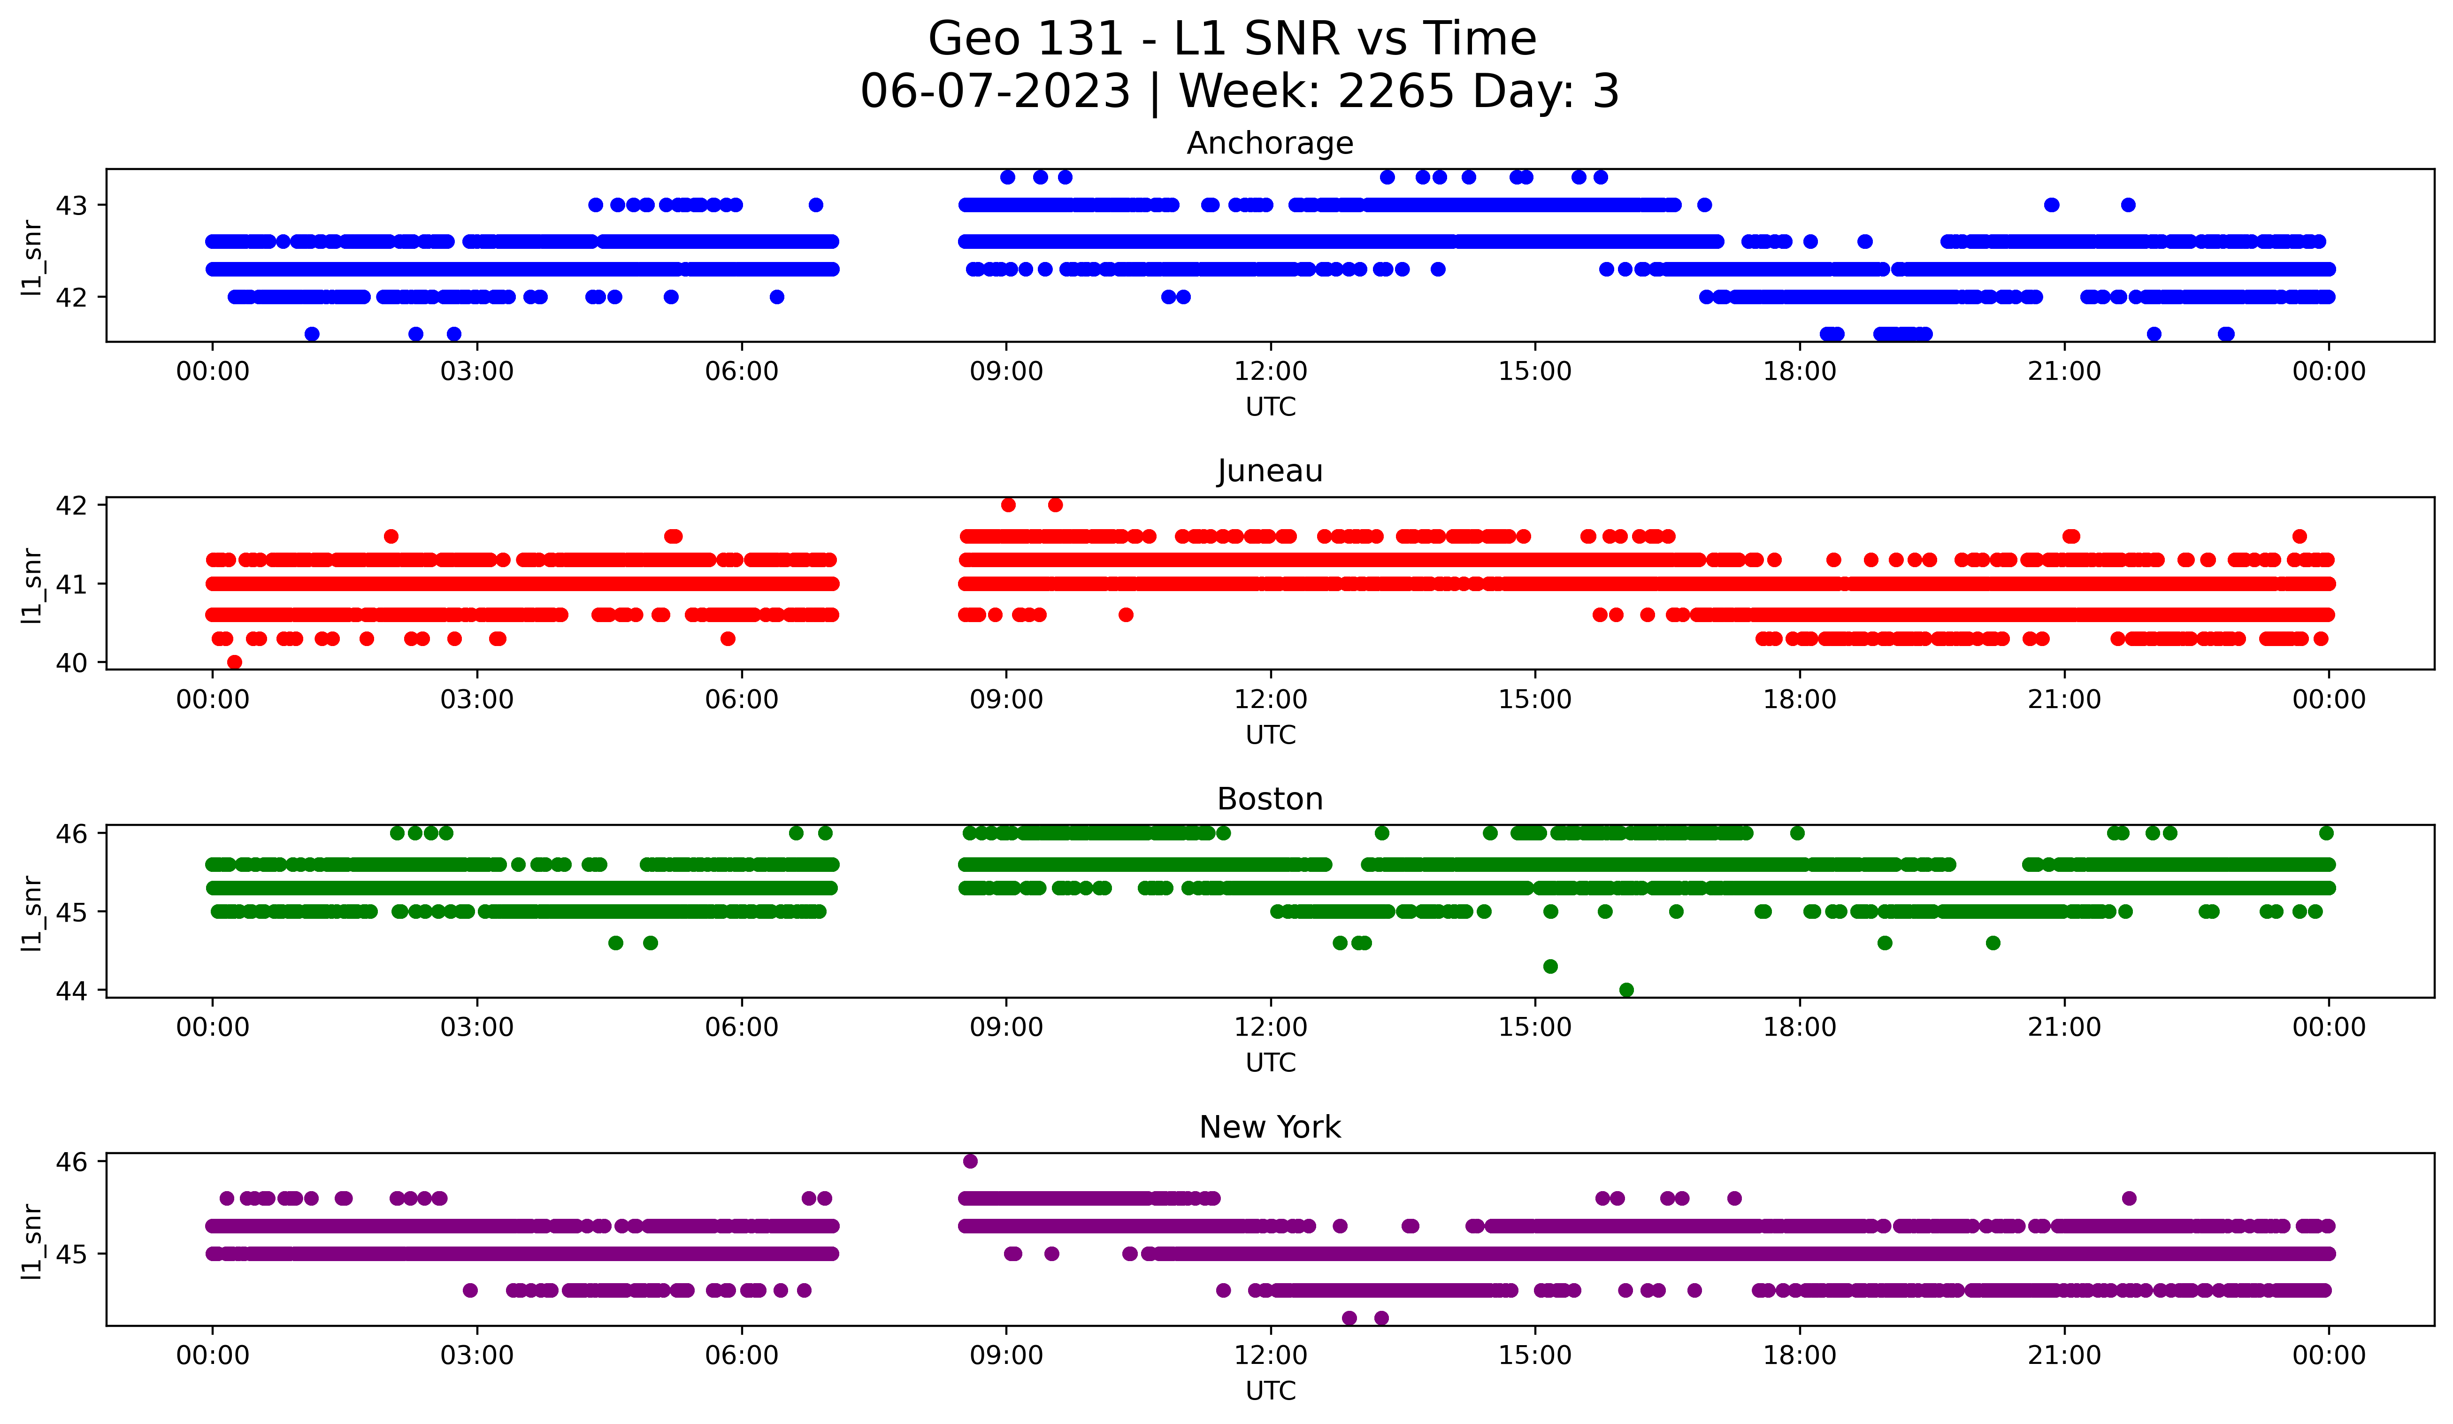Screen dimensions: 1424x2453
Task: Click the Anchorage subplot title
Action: [x=1269, y=143]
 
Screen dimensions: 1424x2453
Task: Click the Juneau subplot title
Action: [x=1269, y=471]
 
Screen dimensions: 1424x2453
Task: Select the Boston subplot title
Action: [x=1269, y=799]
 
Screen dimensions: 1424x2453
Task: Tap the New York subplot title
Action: [x=1269, y=1127]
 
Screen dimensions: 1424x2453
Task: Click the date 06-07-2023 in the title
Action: [x=995, y=92]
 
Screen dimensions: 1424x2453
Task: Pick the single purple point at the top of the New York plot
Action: [x=970, y=1161]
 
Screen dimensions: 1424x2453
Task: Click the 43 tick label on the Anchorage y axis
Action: [x=71, y=205]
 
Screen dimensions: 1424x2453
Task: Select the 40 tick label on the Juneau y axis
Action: [x=71, y=663]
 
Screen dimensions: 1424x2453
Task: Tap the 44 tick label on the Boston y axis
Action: [x=71, y=991]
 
